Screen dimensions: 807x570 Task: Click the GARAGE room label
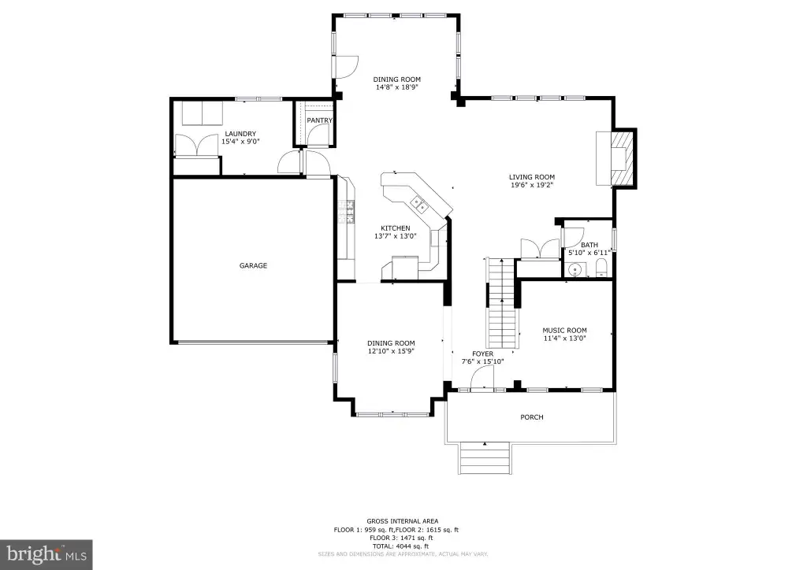tap(253, 266)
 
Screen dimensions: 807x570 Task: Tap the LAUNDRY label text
tap(240, 134)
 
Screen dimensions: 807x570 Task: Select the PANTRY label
tap(320, 120)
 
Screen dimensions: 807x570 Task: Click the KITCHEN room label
tap(396, 228)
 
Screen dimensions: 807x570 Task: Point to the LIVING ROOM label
tap(532, 177)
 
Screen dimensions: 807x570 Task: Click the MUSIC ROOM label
tap(564, 331)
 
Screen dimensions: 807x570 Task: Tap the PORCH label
tap(532, 417)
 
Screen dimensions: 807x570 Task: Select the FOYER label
tap(483, 354)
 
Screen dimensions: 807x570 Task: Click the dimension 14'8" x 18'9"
tap(397, 87)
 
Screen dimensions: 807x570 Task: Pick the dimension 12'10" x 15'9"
tap(391, 352)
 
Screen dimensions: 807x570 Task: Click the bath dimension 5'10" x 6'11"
tap(589, 253)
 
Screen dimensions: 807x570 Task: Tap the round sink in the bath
tap(575, 269)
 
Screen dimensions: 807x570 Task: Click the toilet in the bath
tap(601, 268)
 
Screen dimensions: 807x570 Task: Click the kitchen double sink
tap(419, 204)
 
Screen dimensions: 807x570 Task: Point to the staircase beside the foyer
tap(502, 303)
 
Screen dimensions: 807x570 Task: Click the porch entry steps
tap(485, 458)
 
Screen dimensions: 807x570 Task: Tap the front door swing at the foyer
tap(482, 381)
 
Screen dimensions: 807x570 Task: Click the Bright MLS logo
tap(46, 554)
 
